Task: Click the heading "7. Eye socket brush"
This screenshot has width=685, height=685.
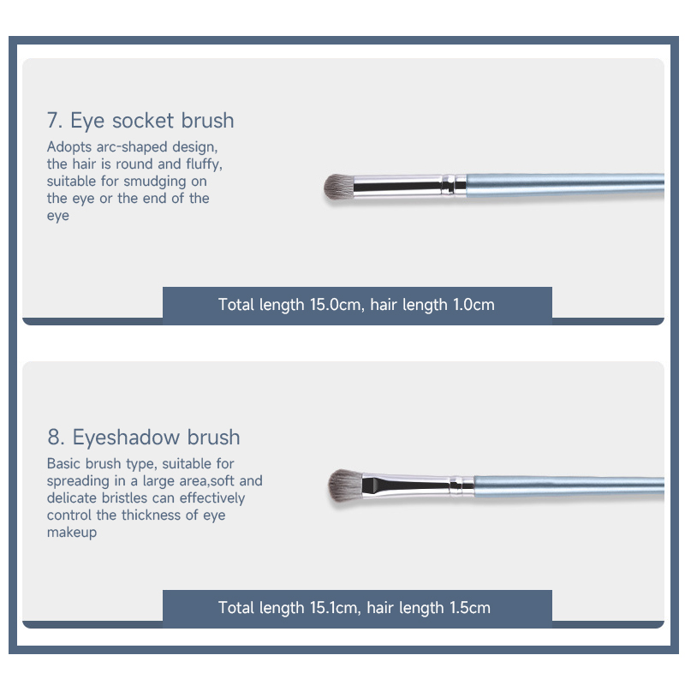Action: (x=140, y=120)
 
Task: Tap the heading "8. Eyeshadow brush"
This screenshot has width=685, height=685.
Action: (x=144, y=437)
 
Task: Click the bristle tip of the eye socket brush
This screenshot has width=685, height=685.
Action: (x=326, y=187)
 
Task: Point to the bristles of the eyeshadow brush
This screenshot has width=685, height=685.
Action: (x=345, y=485)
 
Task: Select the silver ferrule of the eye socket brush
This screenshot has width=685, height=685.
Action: (x=410, y=186)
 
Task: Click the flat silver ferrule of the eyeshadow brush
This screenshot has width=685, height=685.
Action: (x=418, y=485)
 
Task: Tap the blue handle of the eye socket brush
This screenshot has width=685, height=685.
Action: (x=565, y=184)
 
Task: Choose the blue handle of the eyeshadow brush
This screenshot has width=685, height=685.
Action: (x=569, y=485)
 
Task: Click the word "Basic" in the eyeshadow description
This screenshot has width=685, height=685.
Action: (x=63, y=463)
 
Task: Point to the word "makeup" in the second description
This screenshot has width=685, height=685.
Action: (x=72, y=533)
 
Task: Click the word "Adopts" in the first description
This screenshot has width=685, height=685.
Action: (x=69, y=147)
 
